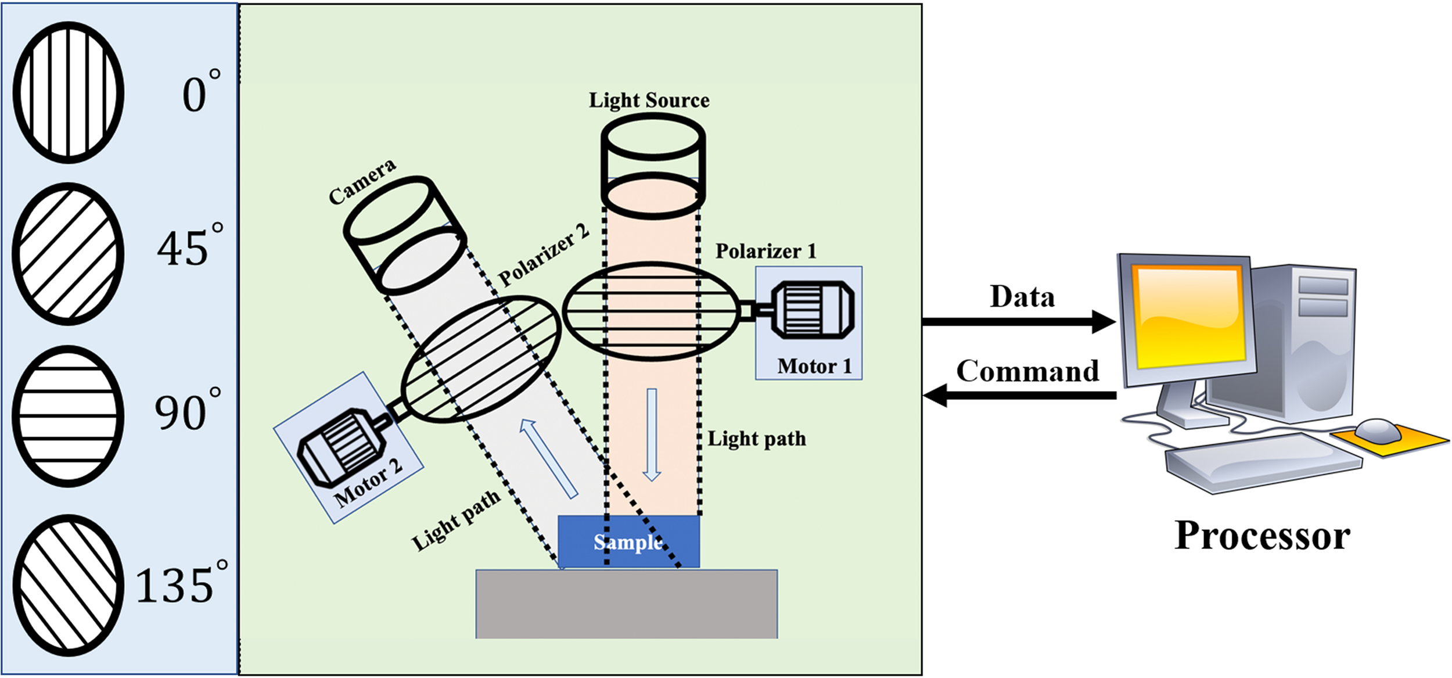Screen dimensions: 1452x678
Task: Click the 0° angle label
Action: pyautogui.click(x=201, y=93)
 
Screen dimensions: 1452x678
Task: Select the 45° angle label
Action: pyautogui.click(x=189, y=247)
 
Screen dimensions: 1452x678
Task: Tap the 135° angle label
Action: pyautogui.click(x=181, y=584)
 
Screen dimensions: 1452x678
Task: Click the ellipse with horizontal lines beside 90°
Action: pyautogui.click(x=69, y=416)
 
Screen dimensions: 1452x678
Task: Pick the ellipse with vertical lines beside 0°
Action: pyautogui.click(x=69, y=93)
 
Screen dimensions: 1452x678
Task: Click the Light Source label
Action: pyautogui.click(x=649, y=100)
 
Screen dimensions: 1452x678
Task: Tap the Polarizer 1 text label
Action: pyautogui.click(x=765, y=251)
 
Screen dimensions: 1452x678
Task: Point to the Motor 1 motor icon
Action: pyautogui.click(x=813, y=310)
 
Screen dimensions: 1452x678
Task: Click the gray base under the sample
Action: pyautogui.click(x=626, y=604)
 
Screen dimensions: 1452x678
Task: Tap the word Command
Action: pyautogui.click(x=1027, y=371)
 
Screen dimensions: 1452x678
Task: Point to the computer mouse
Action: pyautogui.click(x=1377, y=431)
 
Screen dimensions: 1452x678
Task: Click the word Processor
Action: pyautogui.click(x=1261, y=535)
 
